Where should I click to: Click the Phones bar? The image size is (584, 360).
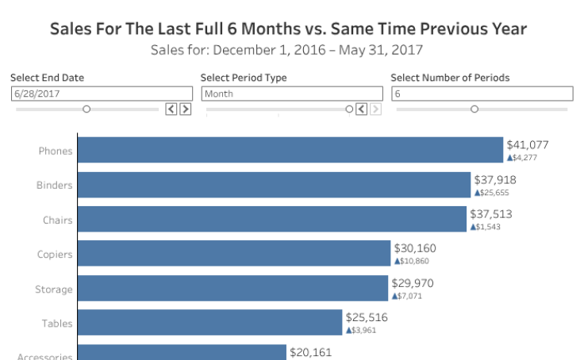(290, 151)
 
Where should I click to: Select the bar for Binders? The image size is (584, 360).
(274, 185)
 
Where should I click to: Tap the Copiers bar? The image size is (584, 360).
(234, 254)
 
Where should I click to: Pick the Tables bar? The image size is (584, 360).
(209, 323)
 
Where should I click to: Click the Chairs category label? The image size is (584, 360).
(58, 220)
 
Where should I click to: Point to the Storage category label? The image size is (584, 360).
(54, 289)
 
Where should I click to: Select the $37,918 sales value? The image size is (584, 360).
(495, 179)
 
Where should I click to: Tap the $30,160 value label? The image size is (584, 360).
(415, 248)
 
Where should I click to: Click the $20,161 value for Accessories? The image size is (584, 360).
(311, 352)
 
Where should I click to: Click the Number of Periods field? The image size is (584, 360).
(482, 94)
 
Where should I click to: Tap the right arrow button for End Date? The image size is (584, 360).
(186, 109)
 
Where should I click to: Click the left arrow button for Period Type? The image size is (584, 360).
(362, 109)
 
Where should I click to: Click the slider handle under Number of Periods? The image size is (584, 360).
(474, 109)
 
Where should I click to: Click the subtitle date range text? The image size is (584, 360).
(287, 50)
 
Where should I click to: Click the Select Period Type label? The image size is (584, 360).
(244, 78)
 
